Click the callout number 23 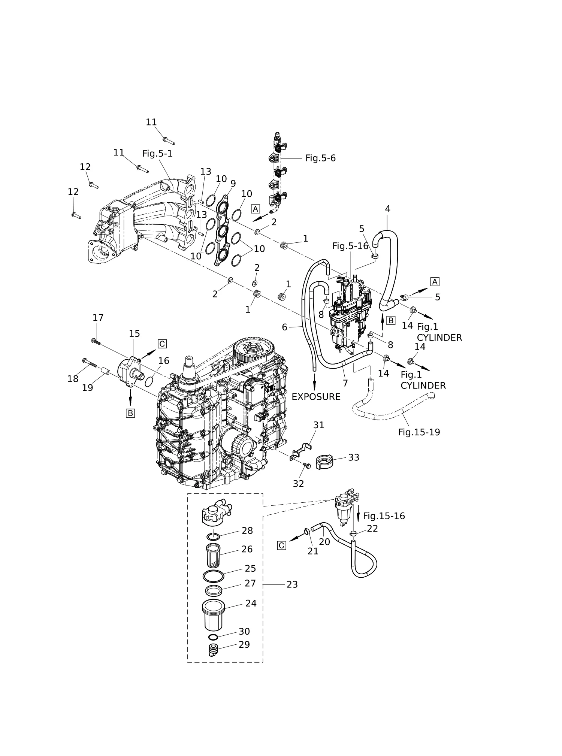pyautogui.click(x=292, y=584)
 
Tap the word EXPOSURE pyautogui.click(x=316, y=397)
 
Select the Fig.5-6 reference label pyautogui.click(x=320, y=158)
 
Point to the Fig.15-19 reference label pyautogui.click(x=419, y=432)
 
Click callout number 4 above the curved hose pyautogui.click(x=388, y=209)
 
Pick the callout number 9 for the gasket pyautogui.click(x=233, y=184)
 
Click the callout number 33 pyautogui.click(x=354, y=457)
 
